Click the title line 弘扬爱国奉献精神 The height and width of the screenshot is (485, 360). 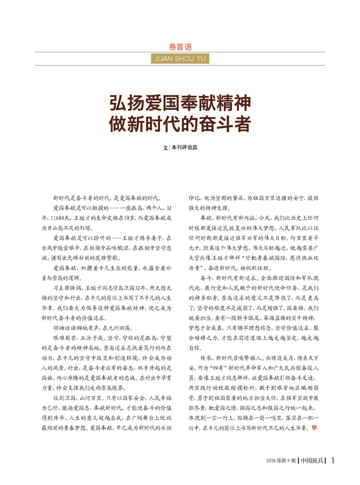180,102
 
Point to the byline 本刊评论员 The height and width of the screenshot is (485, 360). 186,147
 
